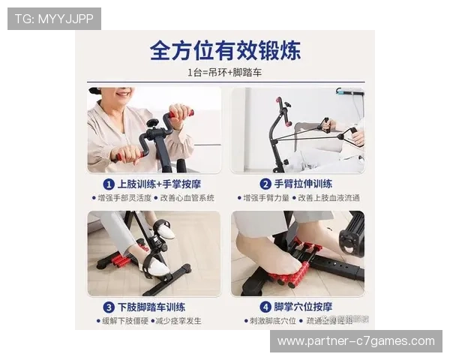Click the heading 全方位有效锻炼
click(x=225, y=51)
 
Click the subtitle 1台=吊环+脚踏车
click(x=224, y=73)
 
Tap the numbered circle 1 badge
click(x=108, y=184)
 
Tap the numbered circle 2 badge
click(x=265, y=184)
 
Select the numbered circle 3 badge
click(x=108, y=307)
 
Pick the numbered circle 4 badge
click(x=265, y=307)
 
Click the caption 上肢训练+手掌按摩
click(x=159, y=184)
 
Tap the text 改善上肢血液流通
click(x=329, y=198)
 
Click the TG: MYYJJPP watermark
click(x=54, y=19)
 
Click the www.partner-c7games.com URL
click(x=356, y=341)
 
